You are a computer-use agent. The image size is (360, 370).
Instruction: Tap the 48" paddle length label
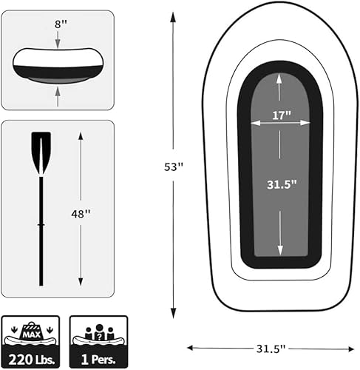(x=81, y=212)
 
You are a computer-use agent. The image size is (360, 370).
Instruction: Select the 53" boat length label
(x=173, y=167)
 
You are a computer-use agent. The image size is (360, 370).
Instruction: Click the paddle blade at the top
(x=41, y=151)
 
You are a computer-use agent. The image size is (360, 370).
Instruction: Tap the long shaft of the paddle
(x=41, y=229)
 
